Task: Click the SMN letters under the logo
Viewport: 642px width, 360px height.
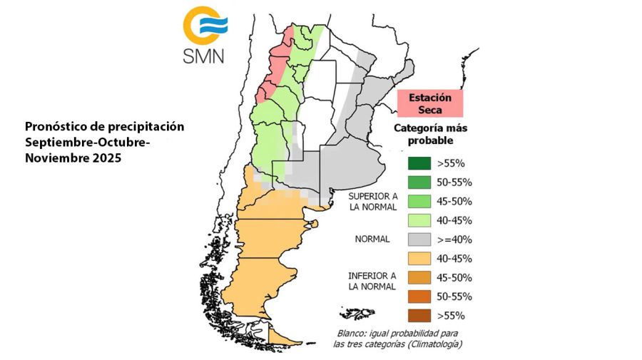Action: click(x=203, y=55)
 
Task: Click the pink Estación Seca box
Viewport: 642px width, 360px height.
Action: click(x=429, y=103)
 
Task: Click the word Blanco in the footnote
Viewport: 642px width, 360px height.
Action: click(x=355, y=334)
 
